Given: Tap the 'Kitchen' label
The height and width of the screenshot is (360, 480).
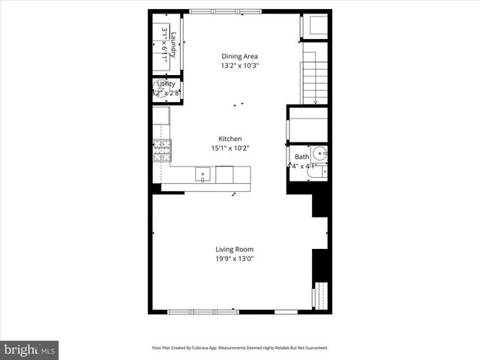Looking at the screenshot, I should point(229,139).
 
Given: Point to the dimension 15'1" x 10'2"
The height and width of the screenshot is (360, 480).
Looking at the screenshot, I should point(229,148).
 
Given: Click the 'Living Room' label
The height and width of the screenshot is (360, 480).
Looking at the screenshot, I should point(234,250).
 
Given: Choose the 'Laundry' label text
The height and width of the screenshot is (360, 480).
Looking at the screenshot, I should point(173,45).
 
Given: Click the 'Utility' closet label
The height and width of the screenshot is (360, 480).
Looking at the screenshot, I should point(166,84).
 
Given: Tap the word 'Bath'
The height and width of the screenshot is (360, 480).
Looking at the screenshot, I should point(301,157).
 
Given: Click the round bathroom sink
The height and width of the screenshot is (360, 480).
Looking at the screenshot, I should point(321,154).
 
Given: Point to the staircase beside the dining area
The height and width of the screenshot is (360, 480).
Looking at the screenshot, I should point(316,75).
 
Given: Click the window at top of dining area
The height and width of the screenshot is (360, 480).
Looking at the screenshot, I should point(225,11).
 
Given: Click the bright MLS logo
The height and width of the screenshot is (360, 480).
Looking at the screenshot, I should point(29,349).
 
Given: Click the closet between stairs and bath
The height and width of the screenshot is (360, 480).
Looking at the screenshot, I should point(308,124).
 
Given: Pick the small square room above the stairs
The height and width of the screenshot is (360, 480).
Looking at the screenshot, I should point(314,26).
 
